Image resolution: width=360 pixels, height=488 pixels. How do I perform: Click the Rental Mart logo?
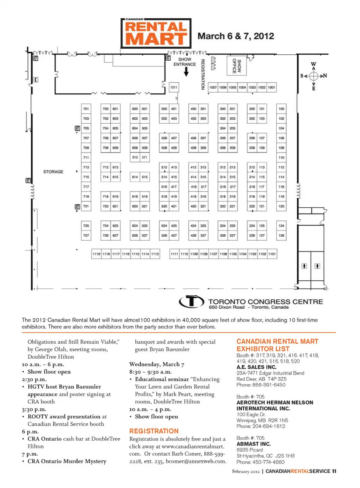[156, 33]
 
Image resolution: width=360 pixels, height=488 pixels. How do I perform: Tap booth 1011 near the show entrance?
[174, 87]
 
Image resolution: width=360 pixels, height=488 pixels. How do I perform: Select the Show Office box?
[237, 66]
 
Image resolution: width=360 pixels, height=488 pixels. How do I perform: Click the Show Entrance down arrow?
[186, 72]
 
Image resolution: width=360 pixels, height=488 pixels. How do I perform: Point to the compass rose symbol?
[313, 76]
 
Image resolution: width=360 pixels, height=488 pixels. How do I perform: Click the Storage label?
[53, 172]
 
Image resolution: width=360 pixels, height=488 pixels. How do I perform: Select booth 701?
[86, 109]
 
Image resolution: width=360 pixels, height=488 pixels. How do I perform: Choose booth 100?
[281, 109]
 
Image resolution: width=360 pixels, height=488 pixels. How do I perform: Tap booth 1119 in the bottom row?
[96, 254]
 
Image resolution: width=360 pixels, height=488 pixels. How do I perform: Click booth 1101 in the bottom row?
[272, 254]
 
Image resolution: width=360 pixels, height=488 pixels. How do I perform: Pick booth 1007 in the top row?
[213, 87]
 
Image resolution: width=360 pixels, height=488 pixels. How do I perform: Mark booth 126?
[281, 235]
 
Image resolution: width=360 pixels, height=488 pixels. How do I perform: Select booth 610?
[135, 157]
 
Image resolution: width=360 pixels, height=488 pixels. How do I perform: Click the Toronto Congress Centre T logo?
[191, 302]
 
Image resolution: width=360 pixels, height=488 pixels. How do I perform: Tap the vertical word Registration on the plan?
[203, 74]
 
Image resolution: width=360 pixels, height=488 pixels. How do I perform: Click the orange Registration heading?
[154, 431]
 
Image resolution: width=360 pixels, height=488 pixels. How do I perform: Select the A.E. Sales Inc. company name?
[256, 367]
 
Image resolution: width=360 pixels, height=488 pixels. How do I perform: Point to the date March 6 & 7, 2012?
[236, 36]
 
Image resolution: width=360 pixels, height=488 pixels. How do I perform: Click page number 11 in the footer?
[334, 471]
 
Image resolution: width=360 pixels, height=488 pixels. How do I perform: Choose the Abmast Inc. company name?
[253, 444]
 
